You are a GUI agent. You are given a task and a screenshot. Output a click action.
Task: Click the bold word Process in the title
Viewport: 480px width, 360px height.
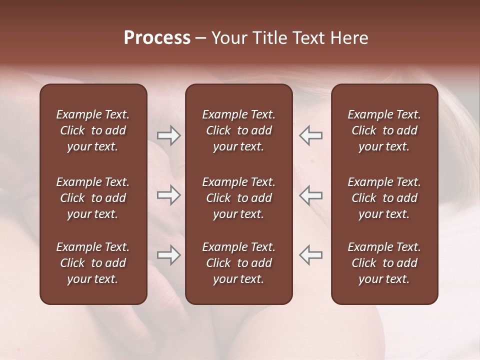[x=157, y=38]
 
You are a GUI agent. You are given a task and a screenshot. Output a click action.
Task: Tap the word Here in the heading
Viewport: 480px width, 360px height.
[x=349, y=38]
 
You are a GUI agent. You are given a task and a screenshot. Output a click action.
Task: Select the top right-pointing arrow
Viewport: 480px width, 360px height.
[x=168, y=135]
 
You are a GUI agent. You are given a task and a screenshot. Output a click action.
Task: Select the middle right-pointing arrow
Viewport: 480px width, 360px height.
[x=168, y=195]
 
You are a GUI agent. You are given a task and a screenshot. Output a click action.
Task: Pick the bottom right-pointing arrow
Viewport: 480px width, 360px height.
[x=168, y=255]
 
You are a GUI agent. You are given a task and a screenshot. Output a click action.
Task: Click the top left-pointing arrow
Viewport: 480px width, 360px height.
[x=310, y=135]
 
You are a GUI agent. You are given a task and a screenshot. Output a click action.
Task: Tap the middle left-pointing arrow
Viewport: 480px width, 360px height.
[x=310, y=195]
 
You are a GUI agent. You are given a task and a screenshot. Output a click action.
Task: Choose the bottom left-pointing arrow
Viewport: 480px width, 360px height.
[x=310, y=255]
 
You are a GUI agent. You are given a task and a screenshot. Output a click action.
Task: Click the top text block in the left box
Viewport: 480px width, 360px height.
[x=93, y=130]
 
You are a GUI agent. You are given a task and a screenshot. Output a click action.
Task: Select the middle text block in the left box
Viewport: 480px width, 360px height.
[x=93, y=198]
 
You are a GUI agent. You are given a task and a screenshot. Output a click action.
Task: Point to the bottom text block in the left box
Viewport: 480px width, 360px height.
[x=93, y=263]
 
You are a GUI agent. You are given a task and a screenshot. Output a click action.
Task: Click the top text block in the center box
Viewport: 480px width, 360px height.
[x=238, y=130]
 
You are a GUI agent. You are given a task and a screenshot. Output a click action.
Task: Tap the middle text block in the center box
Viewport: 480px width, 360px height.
[x=238, y=198]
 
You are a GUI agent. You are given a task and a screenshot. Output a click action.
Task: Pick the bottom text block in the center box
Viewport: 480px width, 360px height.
[x=238, y=263]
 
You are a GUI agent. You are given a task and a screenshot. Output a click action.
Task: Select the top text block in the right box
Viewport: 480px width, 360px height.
[x=384, y=130]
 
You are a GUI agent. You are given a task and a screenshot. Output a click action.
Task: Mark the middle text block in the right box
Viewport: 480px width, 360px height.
[x=384, y=198]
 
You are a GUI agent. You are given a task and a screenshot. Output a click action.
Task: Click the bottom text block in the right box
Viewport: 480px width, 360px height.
[x=384, y=263]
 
